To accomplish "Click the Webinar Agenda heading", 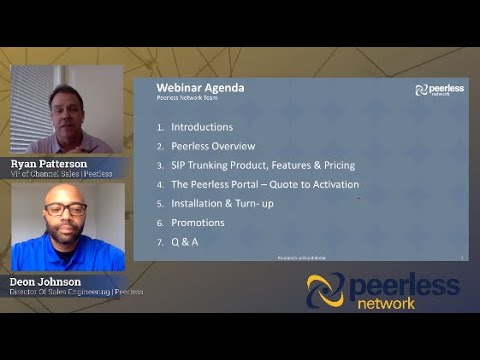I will (200, 88).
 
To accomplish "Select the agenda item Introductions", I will (202, 127).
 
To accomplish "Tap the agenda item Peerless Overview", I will (213, 146).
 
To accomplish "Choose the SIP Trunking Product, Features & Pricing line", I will (263, 165).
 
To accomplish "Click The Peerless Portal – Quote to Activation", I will (265, 184).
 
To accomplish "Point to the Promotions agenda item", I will (198, 222).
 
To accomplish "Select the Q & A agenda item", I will (185, 241).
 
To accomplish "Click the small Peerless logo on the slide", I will (439, 90).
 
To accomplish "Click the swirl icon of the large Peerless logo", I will (325, 291).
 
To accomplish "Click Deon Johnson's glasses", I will (65, 210).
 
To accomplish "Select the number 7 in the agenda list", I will (160, 241).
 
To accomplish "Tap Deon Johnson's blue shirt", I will (66, 251).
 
